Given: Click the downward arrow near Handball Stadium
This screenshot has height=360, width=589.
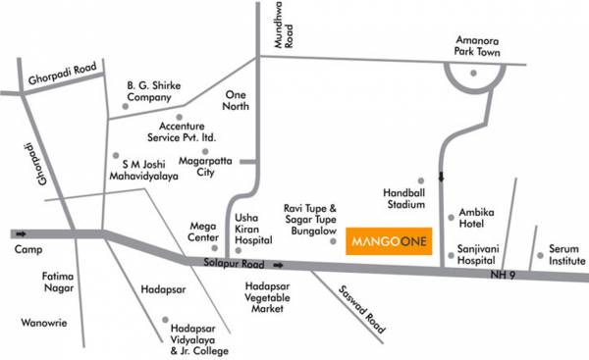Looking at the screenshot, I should click(x=440, y=178).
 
